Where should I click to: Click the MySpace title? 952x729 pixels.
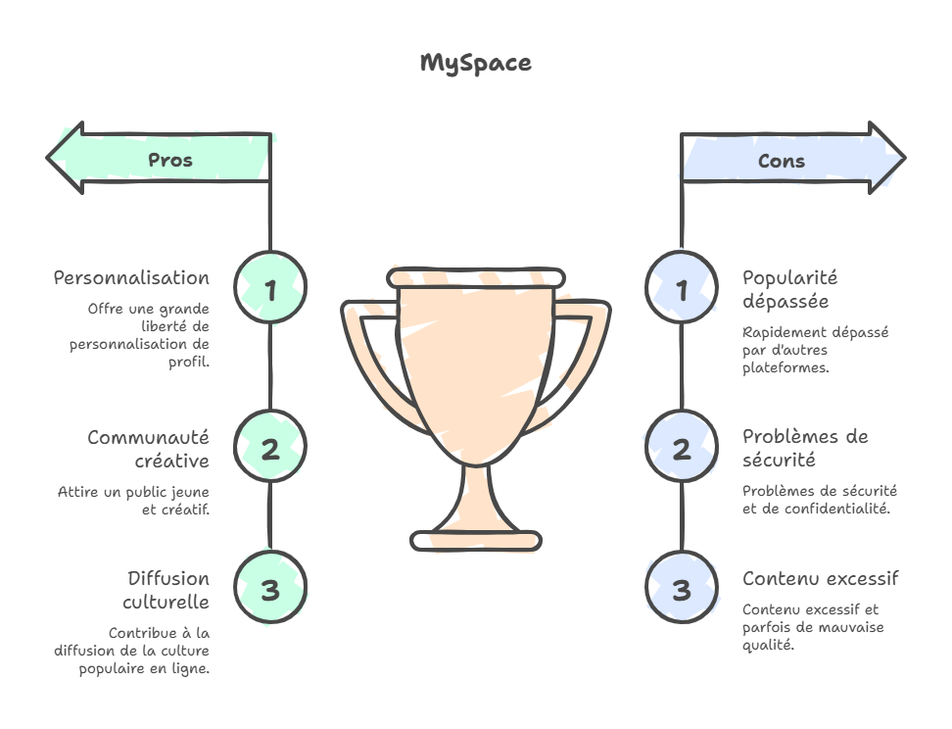(x=476, y=64)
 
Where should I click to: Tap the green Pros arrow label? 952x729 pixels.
(x=169, y=160)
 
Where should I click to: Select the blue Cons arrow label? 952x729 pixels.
(x=782, y=161)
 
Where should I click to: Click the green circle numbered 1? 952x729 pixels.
(x=270, y=289)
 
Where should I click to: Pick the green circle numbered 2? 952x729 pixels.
(x=270, y=449)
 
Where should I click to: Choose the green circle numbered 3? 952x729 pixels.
(x=270, y=589)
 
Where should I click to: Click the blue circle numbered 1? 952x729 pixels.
(x=682, y=289)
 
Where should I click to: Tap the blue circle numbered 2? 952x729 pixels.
(x=682, y=449)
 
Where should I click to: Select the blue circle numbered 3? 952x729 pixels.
(x=682, y=589)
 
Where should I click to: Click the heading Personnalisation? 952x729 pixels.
(x=131, y=278)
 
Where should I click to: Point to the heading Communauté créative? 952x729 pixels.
(x=148, y=449)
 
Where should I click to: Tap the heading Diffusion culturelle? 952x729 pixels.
(x=167, y=589)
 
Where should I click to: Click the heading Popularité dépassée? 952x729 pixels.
(x=789, y=289)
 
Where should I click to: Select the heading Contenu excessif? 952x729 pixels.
(x=820, y=578)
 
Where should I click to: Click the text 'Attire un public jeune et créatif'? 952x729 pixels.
(x=133, y=501)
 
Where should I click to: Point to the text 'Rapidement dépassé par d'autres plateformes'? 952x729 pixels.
(x=815, y=350)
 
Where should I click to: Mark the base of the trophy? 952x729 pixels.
(x=476, y=540)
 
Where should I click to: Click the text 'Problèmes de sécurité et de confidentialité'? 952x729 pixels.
(x=820, y=500)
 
